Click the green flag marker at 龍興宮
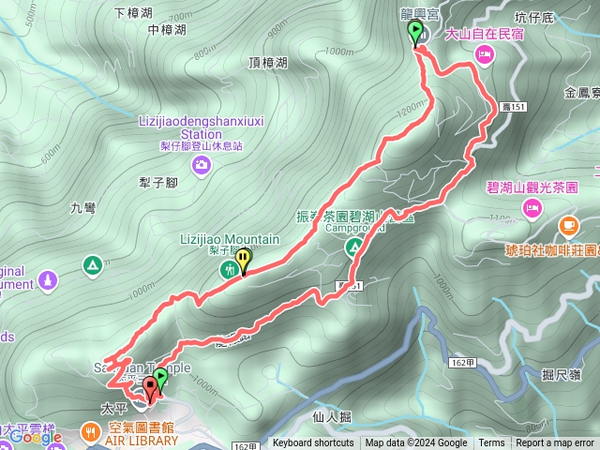click(x=415, y=33)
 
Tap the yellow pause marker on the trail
click(x=244, y=258)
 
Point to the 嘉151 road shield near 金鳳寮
click(x=512, y=108)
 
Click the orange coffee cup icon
click(x=568, y=226)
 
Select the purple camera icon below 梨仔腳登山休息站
click(x=202, y=166)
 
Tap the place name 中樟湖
click(x=167, y=30)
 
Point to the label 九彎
click(x=82, y=209)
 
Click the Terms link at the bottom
click(x=491, y=443)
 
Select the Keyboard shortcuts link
click(x=313, y=443)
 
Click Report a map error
click(x=555, y=443)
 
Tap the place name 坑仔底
click(x=534, y=17)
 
